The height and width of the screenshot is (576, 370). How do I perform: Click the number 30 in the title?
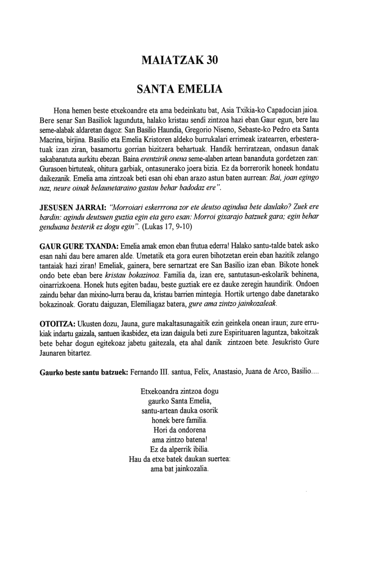(210, 60)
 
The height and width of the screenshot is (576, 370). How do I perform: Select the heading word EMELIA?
(200, 89)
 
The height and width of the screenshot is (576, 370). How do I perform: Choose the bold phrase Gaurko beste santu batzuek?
(83, 372)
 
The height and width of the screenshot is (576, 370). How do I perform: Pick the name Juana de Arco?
(266, 372)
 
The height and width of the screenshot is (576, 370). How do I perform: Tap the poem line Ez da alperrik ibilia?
(179, 449)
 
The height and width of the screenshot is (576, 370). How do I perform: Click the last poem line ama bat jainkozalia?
(180, 469)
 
